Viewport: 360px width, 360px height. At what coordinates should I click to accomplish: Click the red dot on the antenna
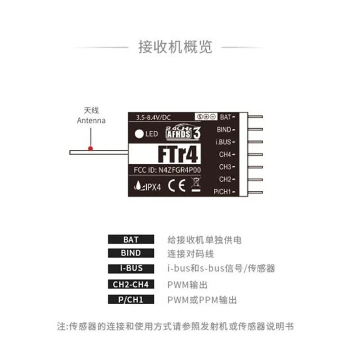pos(90,148)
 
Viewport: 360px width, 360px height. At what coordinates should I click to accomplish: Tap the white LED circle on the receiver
pos(139,134)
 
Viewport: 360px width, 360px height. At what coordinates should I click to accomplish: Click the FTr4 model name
pos(178,154)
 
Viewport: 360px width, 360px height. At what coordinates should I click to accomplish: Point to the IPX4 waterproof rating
pos(148,186)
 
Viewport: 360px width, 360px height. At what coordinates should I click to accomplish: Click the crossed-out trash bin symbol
pos(196,184)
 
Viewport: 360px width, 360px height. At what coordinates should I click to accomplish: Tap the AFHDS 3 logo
pos(183,132)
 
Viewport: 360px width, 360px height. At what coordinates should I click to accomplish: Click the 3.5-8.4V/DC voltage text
pos(153,117)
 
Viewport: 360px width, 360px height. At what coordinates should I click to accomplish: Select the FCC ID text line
pos(167,170)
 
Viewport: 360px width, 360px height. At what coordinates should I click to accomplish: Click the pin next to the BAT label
pos(255,117)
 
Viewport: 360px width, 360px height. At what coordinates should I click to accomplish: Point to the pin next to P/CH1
pos(255,192)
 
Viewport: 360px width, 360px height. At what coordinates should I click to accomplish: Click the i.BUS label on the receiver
pos(223,142)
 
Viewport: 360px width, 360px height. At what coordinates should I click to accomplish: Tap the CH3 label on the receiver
pos(225,167)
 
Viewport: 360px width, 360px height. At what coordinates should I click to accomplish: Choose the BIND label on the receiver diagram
pos(224,130)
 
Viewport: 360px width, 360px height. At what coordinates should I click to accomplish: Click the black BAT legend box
pos(131,239)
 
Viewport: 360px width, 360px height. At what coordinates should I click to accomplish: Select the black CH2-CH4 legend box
pos(131,284)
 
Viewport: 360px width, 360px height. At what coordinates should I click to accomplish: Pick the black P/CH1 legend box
pos(131,299)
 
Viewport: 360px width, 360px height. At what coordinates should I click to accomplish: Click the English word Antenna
pos(91,121)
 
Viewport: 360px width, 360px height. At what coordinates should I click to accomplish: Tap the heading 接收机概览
pos(175,47)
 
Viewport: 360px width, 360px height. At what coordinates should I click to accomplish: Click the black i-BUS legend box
pos(131,268)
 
